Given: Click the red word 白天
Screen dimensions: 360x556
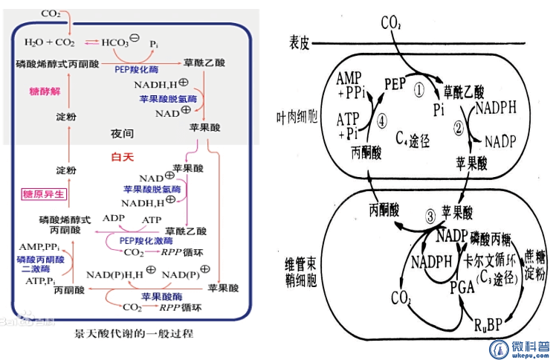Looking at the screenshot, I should (x=121, y=157).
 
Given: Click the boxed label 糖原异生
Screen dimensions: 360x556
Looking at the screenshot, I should (x=43, y=194).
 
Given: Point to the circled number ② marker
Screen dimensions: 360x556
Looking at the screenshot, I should (x=459, y=126).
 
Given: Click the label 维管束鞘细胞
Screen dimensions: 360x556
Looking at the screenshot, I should (x=297, y=273).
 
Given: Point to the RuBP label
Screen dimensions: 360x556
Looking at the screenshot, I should (x=485, y=324).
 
